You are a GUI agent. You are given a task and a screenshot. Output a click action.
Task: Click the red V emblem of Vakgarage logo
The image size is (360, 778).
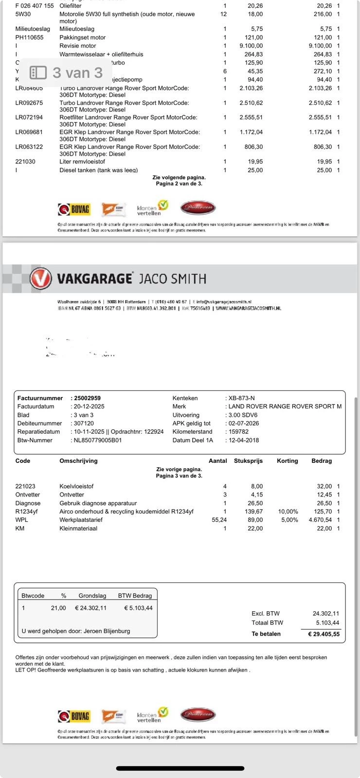click(x=40, y=278)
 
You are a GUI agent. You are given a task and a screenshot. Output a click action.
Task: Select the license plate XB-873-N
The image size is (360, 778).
click(x=241, y=398)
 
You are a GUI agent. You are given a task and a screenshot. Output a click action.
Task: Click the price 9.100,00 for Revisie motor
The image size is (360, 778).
click(x=251, y=46)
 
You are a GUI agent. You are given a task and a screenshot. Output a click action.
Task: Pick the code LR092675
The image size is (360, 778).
click(x=29, y=103)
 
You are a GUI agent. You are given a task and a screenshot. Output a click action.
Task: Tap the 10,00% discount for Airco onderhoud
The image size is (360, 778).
click(x=288, y=512)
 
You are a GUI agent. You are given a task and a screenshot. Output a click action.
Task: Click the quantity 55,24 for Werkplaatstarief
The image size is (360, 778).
click(x=219, y=520)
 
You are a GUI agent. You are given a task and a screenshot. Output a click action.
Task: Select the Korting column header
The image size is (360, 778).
click(x=287, y=461)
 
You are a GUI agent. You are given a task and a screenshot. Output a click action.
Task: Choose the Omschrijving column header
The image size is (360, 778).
click(x=78, y=461)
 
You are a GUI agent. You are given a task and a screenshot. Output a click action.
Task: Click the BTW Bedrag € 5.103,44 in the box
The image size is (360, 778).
click(x=138, y=608)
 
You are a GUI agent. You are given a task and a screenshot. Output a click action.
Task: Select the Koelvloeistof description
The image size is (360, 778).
click(x=76, y=486)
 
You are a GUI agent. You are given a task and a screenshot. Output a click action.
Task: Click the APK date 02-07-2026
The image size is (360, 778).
click(x=243, y=424)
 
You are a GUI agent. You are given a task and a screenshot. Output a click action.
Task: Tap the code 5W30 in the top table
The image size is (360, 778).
click(x=23, y=14)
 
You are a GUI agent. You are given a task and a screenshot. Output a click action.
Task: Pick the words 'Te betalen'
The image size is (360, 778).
click(x=266, y=634)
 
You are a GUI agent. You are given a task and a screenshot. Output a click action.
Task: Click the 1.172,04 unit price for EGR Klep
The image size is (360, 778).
click(x=251, y=132)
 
